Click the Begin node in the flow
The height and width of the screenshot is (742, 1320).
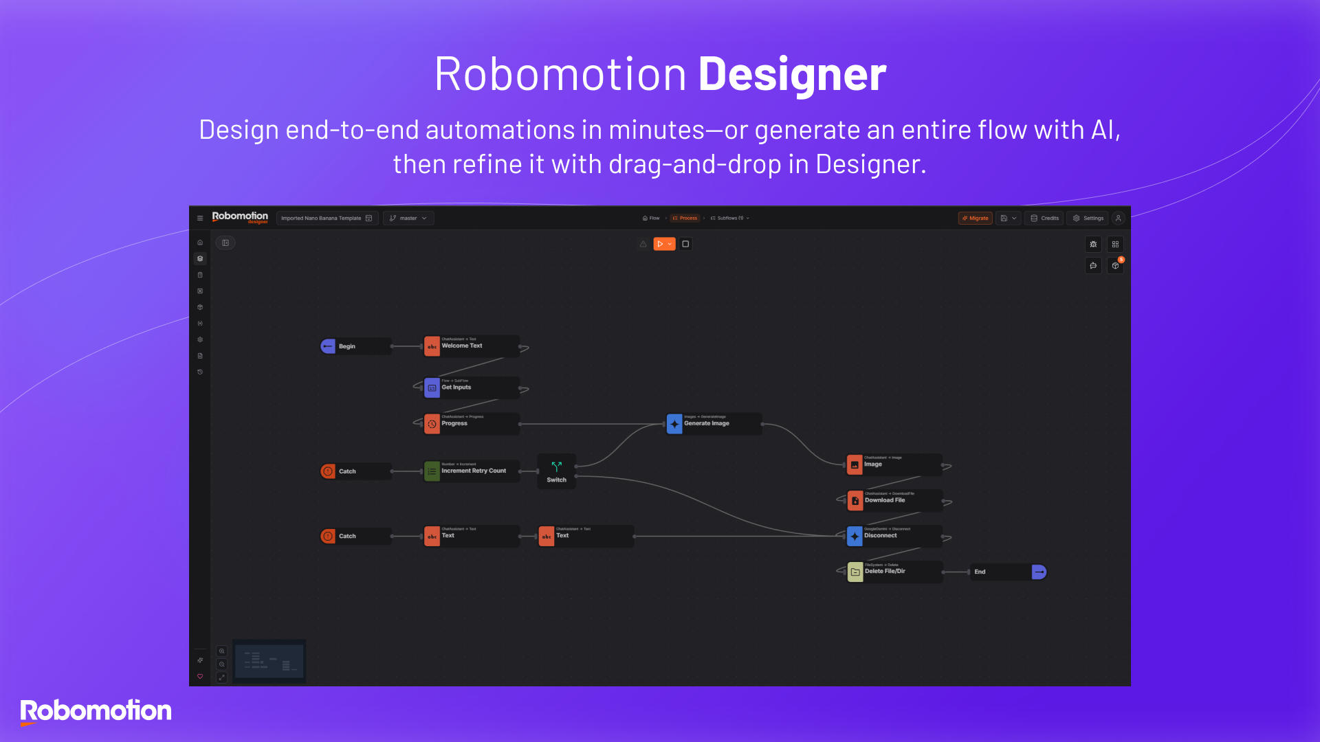pyautogui.click(x=355, y=346)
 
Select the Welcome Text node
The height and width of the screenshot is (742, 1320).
pyautogui.click(x=471, y=346)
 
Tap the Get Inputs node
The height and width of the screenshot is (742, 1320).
pyautogui.click(x=471, y=387)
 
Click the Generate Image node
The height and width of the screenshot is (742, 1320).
pyautogui.click(x=713, y=424)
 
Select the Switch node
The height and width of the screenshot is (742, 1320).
pyautogui.click(x=556, y=471)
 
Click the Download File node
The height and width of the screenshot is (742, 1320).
pyautogui.click(x=894, y=500)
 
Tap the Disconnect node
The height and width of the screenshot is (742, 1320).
pyautogui.click(x=894, y=536)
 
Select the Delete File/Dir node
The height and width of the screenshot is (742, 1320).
pyautogui.click(x=894, y=572)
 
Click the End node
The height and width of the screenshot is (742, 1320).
pyautogui.click(x=1007, y=572)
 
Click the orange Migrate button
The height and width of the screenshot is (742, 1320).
pyautogui.click(x=975, y=218)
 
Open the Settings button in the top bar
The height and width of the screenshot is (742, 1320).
pyautogui.click(x=1088, y=218)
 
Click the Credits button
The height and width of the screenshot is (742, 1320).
pyautogui.click(x=1044, y=218)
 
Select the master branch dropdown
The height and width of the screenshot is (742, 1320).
pyautogui.click(x=408, y=218)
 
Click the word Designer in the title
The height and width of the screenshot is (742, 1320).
pyautogui.click(x=792, y=74)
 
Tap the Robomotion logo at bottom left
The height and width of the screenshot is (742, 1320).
pyautogui.click(x=96, y=711)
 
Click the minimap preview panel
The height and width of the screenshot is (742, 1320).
pyautogui.click(x=269, y=662)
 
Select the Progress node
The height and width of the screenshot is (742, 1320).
pyautogui.click(x=471, y=424)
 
